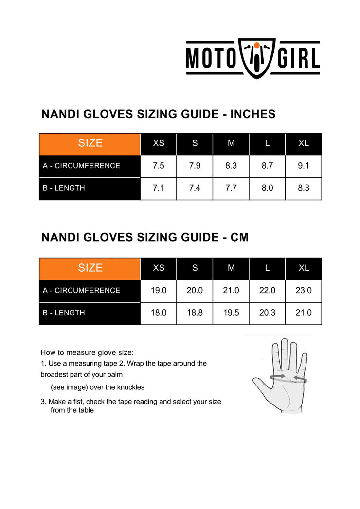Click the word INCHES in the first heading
pos(252,114)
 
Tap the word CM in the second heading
pos(239,237)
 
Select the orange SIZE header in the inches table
pos(90,143)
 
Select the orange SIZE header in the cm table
pos(90,268)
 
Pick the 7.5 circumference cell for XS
pos(159,166)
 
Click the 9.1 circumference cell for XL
pos(304,166)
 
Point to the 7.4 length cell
pos(195,188)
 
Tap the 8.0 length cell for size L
pos(267,188)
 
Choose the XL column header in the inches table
pos(304,143)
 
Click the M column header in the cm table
pos(231,268)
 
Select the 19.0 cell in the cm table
pos(159,290)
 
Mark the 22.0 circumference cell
pos(267,290)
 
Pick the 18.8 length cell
pos(195,313)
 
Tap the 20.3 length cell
pos(267,313)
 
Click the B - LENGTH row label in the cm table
pos(64,313)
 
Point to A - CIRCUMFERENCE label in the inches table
pos(81,166)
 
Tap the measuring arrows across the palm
pos(288,378)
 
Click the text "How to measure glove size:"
pos(87,352)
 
